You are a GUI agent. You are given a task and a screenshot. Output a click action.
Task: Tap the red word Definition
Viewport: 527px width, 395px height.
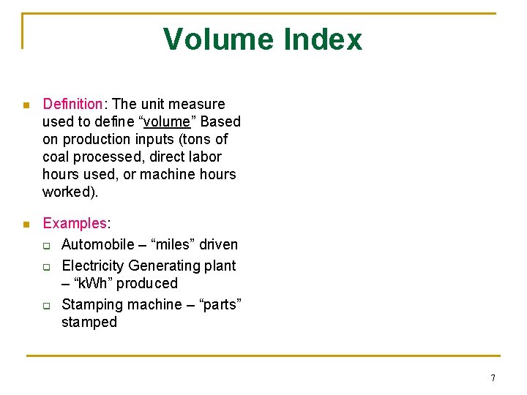(x=72, y=104)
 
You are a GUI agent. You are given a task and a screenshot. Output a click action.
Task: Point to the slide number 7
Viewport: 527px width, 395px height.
(x=493, y=377)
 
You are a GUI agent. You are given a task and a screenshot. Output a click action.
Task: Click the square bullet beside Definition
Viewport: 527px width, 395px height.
(x=26, y=105)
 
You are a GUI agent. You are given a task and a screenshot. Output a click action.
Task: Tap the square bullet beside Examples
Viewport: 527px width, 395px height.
(x=26, y=225)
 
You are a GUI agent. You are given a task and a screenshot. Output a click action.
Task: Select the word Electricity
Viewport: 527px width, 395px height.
(x=93, y=266)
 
